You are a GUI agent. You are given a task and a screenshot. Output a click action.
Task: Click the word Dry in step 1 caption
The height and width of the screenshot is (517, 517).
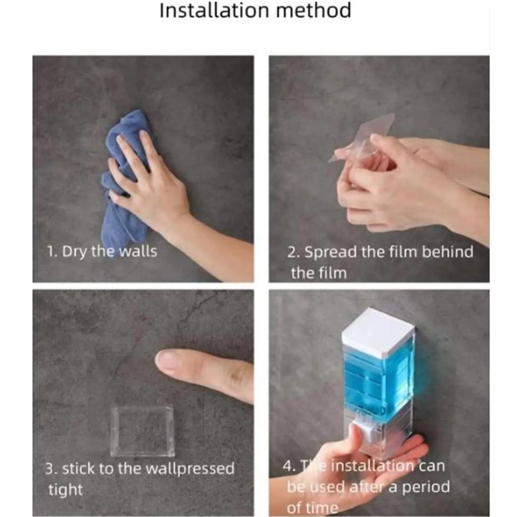(x=76, y=251)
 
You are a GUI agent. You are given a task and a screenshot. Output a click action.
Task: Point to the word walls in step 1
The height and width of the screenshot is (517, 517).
(x=138, y=251)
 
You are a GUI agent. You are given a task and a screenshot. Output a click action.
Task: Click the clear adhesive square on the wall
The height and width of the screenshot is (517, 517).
(x=142, y=431)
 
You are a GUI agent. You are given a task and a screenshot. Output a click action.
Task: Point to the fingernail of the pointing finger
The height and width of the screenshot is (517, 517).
(x=168, y=359)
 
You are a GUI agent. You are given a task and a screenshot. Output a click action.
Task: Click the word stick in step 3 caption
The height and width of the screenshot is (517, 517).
(x=78, y=469)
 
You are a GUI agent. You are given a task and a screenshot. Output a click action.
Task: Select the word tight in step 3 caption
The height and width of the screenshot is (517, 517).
(x=66, y=489)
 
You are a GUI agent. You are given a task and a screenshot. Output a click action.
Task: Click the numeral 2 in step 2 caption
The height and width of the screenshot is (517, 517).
(x=292, y=252)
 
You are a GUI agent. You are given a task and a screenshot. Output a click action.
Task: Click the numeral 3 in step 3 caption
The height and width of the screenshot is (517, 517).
(x=49, y=469)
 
